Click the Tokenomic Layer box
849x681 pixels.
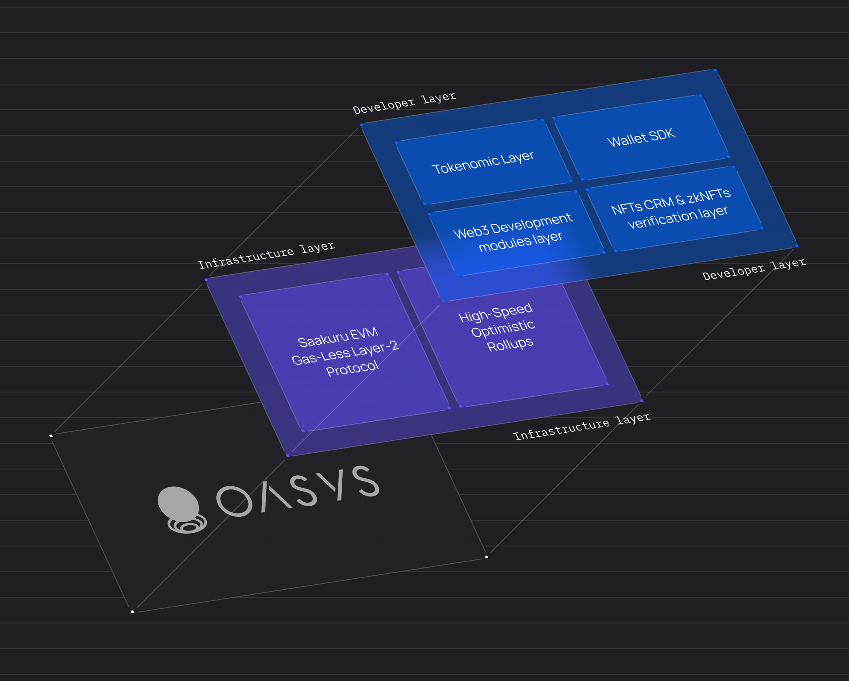coord(483,162)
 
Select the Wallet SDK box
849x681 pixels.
coord(641,137)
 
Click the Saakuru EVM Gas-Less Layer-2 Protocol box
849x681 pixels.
coord(345,352)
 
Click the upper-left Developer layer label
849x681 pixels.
coord(404,103)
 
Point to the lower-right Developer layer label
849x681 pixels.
coord(754,269)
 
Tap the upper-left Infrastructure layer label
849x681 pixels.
coord(266,255)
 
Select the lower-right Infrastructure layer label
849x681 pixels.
coord(581,427)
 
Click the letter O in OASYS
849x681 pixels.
coord(234,501)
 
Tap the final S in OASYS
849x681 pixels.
coord(365,481)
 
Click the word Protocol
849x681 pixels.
coord(352,368)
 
